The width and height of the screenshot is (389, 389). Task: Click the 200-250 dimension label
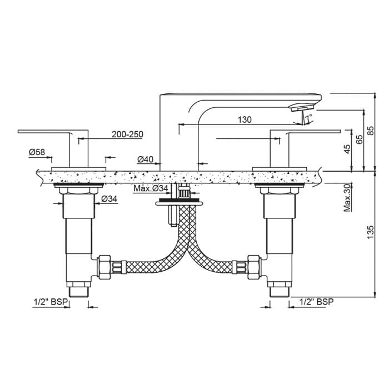[127, 134]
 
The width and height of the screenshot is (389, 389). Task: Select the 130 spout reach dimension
[245, 119]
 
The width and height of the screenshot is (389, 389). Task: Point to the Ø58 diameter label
[37, 152]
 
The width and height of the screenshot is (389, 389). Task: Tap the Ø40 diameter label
[145, 160]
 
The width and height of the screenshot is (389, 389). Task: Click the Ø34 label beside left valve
[109, 199]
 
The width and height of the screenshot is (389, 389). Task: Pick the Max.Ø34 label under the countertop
[151, 189]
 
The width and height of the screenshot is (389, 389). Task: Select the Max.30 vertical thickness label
[347, 197]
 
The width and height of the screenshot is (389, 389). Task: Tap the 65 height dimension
[360, 139]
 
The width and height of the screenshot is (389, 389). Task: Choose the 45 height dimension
[347, 149]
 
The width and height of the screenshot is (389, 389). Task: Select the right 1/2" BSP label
[316, 302]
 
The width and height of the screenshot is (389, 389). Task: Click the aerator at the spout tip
[300, 107]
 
